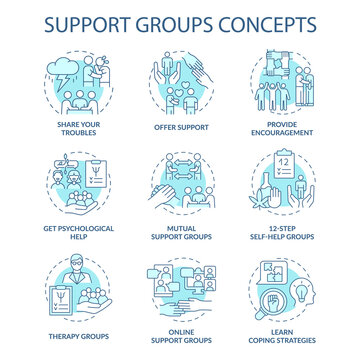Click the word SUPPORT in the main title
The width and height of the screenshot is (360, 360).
point(81,21)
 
